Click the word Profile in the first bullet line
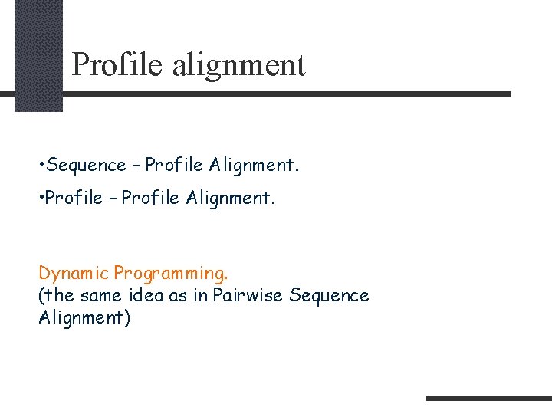point(174,165)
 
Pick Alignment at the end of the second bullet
point(228,199)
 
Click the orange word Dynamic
point(74,273)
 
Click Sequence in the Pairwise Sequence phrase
point(330,296)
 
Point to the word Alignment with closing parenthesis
point(84,317)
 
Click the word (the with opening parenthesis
point(55,296)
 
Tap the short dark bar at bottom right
point(488,398)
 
